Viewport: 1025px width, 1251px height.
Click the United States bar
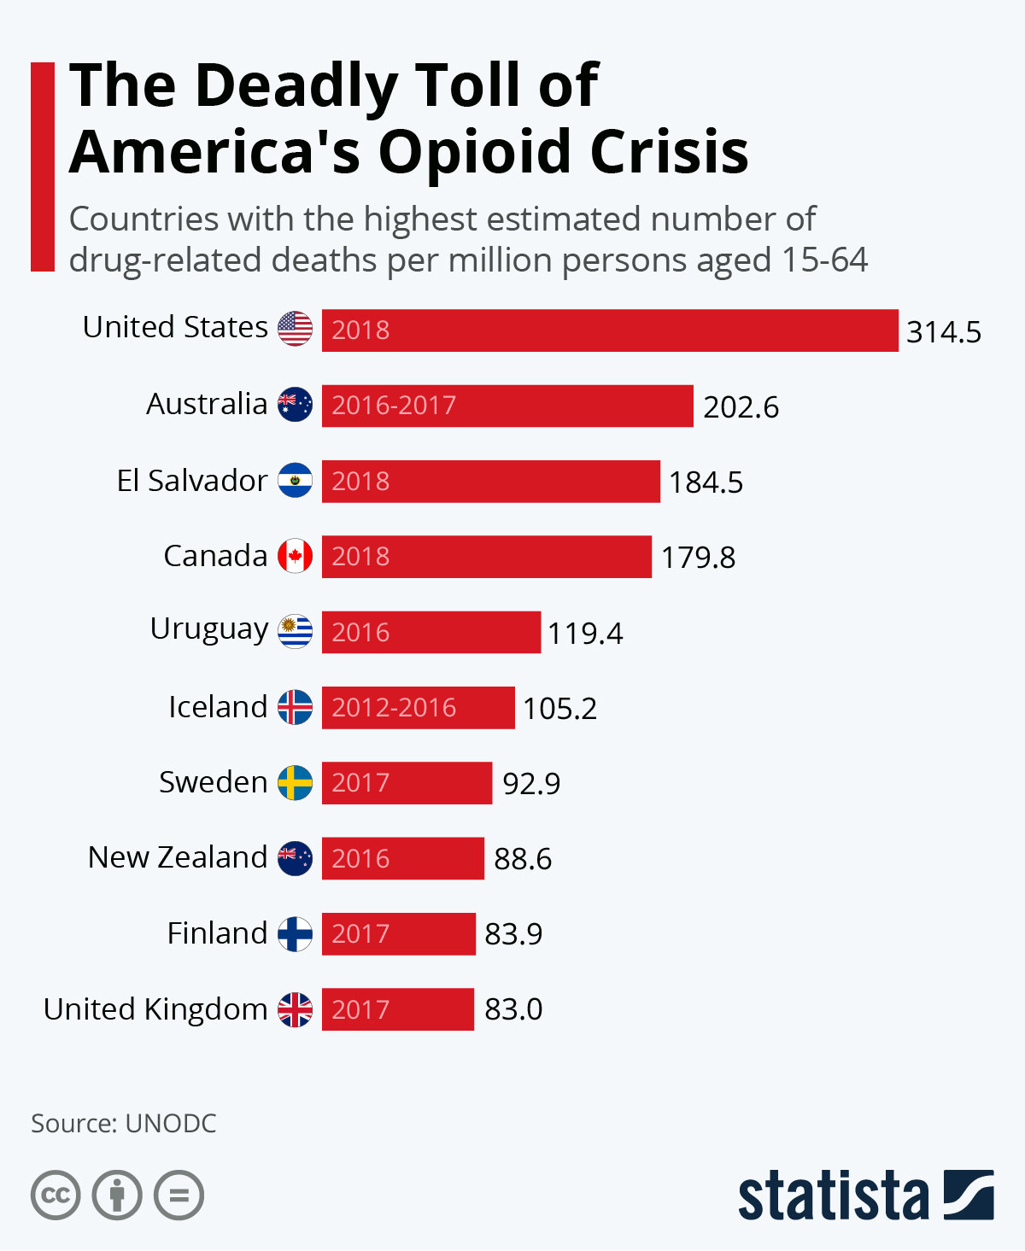click(x=610, y=330)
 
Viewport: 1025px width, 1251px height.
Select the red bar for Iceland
click(x=419, y=708)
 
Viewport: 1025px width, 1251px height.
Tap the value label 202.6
click(x=741, y=407)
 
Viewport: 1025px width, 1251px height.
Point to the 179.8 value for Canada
click(x=698, y=558)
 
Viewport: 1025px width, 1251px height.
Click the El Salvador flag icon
click(x=296, y=481)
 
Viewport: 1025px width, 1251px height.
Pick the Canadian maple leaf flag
click(x=296, y=556)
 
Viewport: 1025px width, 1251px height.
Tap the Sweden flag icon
click(x=296, y=782)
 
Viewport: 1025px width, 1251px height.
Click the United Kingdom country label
click(x=155, y=1009)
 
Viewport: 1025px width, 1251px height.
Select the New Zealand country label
click(x=178, y=857)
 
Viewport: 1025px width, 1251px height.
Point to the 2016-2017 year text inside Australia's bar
click(x=394, y=406)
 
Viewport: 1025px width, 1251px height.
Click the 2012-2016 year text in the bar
click(x=394, y=708)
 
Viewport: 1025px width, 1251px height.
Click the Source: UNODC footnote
click(x=124, y=1123)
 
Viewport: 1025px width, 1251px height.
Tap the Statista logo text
click(x=833, y=1195)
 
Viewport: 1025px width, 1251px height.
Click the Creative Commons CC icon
click(x=56, y=1195)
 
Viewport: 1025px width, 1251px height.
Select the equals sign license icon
click(x=179, y=1195)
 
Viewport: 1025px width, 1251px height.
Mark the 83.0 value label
click(x=513, y=1009)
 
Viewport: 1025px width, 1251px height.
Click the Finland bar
click(x=399, y=933)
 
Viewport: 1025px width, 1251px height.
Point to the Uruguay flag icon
click(x=296, y=632)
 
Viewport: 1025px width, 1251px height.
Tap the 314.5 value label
click(x=944, y=332)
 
